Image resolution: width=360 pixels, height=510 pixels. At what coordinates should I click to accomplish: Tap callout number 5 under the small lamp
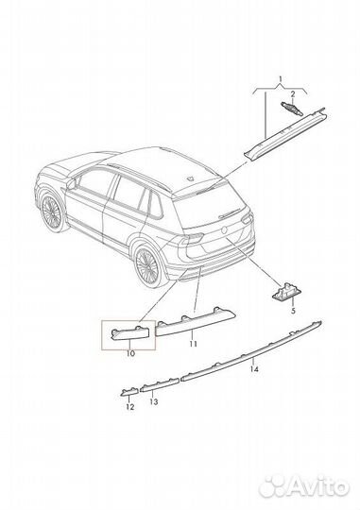click(293, 310)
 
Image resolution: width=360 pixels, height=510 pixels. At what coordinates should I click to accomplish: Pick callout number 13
click(154, 401)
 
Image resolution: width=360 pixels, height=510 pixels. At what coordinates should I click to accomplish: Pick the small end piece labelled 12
click(127, 389)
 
